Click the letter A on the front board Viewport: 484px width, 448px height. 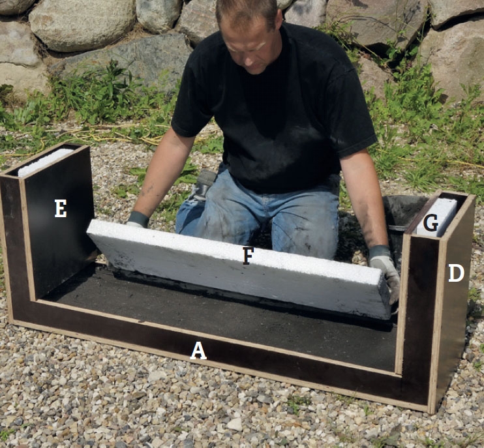[x=198, y=351]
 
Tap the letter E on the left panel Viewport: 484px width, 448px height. [x=61, y=208]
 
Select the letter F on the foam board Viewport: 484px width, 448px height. [x=248, y=256]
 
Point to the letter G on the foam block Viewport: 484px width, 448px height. [x=431, y=223]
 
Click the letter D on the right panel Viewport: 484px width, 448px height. [x=456, y=273]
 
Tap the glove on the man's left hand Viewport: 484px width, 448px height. [x=385, y=271]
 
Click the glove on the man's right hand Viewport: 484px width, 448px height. [x=137, y=220]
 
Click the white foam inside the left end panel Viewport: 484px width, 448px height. [x=46, y=162]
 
